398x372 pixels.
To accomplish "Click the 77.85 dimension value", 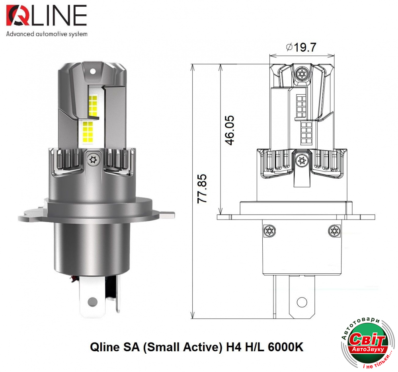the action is click(x=202, y=189).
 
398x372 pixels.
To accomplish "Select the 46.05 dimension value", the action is click(x=230, y=130).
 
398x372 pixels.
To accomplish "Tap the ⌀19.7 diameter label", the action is click(x=301, y=47).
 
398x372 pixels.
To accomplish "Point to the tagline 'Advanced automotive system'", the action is click(x=47, y=34).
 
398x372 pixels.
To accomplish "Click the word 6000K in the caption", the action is click(x=285, y=347).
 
